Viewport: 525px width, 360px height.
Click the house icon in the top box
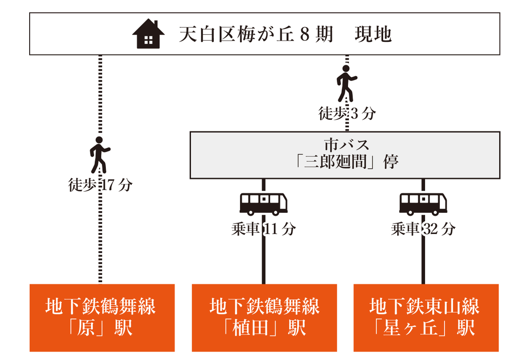click(x=148, y=34)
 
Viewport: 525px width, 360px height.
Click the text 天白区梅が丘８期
click(x=256, y=35)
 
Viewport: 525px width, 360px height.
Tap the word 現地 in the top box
click(x=373, y=35)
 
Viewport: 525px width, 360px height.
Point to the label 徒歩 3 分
click(x=347, y=114)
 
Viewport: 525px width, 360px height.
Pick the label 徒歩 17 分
click(x=100, y=185)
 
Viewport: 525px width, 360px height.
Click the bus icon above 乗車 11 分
click(x=263, y=203)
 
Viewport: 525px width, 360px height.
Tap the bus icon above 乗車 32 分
click(x=423, y=203)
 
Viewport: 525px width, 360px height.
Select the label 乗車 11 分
click(x=263, y=229)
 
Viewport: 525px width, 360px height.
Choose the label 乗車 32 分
click(x=423, y=229)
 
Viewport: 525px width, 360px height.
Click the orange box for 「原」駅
click(x=102, y=318)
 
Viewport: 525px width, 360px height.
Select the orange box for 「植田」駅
click(x=264, y=318)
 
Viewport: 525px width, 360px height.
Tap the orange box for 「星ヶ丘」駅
click(x=426, y=318)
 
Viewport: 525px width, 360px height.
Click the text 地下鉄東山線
click(x=424, y=307)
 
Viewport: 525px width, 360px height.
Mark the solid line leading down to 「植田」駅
click(x=264, y=261)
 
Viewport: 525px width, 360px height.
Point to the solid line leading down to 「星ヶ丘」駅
click(x=423, y=261)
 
